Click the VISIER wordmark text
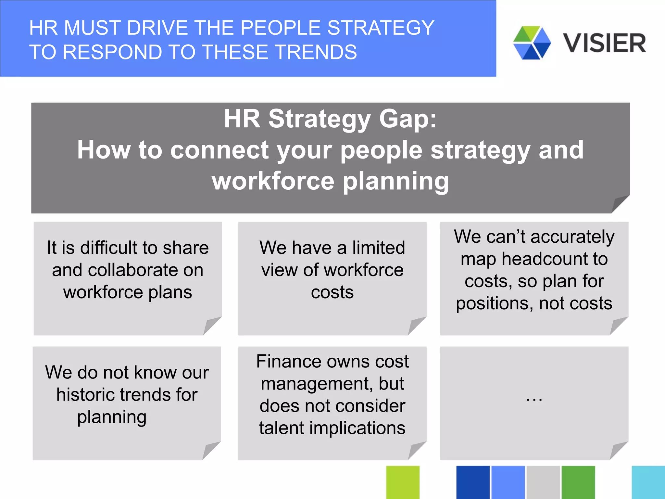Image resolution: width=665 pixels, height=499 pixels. (x=604, y=43)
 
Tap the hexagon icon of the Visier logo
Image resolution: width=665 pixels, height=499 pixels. (x=532, y=43)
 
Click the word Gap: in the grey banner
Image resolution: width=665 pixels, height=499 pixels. (x=408, y=119)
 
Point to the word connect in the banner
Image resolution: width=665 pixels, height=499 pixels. (x=220, y=150)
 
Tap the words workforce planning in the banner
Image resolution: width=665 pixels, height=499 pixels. (x=331, y=181)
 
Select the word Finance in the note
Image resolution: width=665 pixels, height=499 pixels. (x=286, y=361)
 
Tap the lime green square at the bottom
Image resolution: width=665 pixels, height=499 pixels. (x=403, y=482)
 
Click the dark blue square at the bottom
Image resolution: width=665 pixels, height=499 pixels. (x=473, y=482)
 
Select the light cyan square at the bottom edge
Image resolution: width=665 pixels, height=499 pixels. (x=648, y=482)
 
